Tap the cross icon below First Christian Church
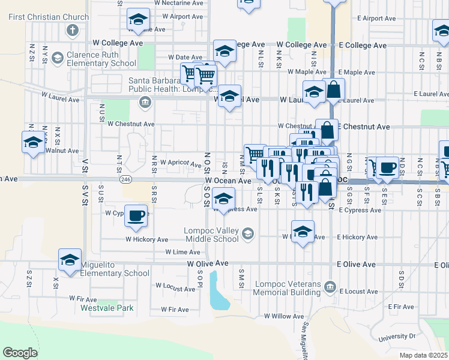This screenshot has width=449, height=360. tap(73, 30)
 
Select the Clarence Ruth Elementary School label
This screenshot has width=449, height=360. tap(101, 59)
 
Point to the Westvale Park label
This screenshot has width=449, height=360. tap(107, 308)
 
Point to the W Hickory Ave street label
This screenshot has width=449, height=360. tap(146, 239)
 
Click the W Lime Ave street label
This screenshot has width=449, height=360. tap(169, 252)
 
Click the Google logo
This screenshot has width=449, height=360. tap(20, 353)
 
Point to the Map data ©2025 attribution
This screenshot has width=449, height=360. tap(424, 355)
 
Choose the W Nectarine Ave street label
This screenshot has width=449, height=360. tap(178, 3)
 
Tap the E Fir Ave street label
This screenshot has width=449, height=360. tap(402, 307)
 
